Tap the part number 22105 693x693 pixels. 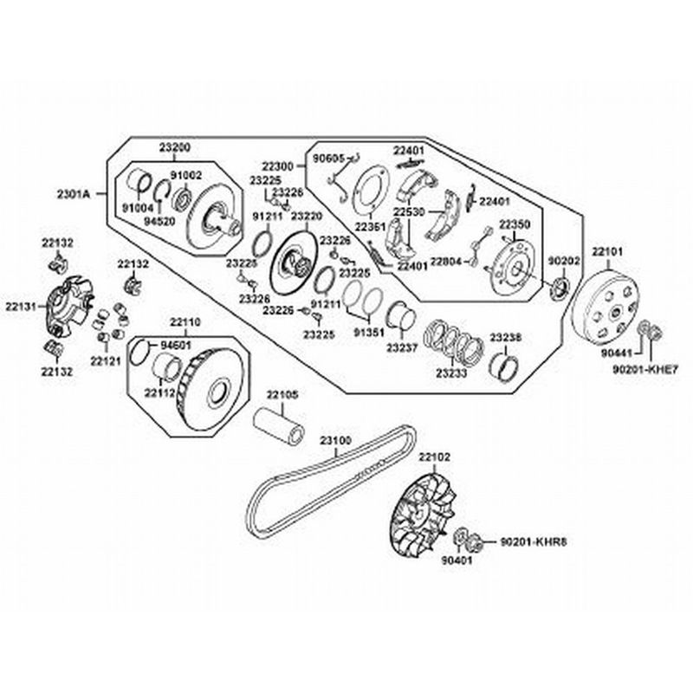pos(282,394)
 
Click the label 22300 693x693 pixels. pos(278,165)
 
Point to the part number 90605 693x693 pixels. pos(327,159)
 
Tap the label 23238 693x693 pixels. pos(505,337)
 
